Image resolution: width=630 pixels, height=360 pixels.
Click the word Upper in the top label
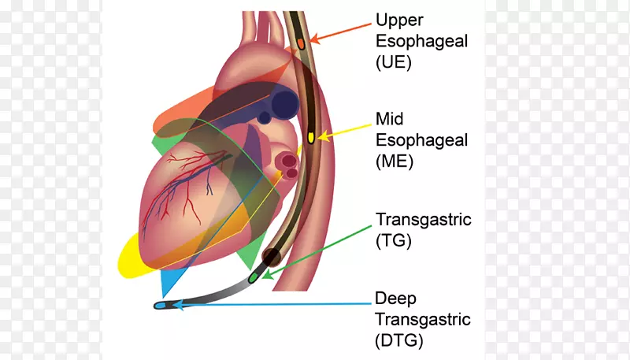(x=400, y=18)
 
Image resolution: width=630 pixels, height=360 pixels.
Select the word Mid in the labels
(x=389, y=119)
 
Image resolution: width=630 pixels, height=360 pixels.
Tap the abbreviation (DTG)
(x=400, y=341)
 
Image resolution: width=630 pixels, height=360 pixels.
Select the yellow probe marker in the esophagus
(x=310, y=137)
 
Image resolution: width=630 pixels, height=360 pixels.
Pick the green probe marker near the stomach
(x=254, y=277)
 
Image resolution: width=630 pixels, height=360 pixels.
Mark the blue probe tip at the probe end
(x=161, y=305)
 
